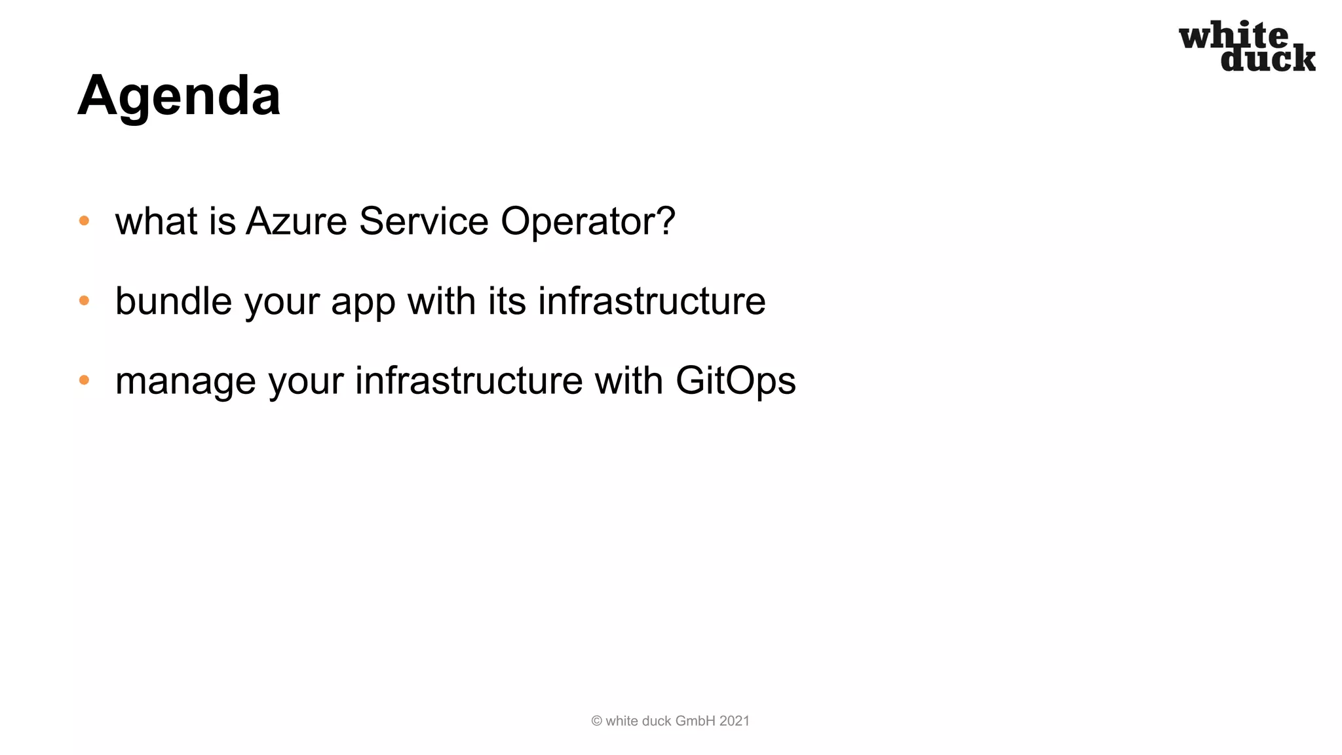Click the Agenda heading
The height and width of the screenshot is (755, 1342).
pyautogui.click(x=179, y=96)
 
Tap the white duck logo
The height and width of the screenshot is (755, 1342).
pyautogui.click(x=1247, y=47)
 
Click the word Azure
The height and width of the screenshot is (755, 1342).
pyautogui.click(x=296, y=221)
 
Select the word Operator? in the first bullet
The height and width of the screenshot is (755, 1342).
pyautogui.click(x=588, y=222)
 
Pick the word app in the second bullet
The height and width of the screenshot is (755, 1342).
pyautogui.click(x=363, y=303)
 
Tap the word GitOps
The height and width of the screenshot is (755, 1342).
pyautogui.click(x=735, y=381)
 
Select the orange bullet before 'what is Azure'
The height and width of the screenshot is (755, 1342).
pyautogui.click(x=84, y=221)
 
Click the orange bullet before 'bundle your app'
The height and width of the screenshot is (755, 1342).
pyautogui.click(x=84, y=301)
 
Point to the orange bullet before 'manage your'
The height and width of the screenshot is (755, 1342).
pyautogui.click(x=84, y=380)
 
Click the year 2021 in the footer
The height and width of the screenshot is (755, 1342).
pyautogui.click(x=735, y=721)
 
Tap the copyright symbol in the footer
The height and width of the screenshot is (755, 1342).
pyautogui.click(x=596, y=721)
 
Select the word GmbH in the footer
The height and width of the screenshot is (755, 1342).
pyautogui.click(x=695, y=721)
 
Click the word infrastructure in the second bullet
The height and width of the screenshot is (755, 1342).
pyautogui.click(x=651, y=301)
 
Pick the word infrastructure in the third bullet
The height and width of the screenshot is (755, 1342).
pyautogui.click(x=469, y=381)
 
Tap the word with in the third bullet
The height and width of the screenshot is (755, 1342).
pyautogui.click(x=628, y=381)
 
